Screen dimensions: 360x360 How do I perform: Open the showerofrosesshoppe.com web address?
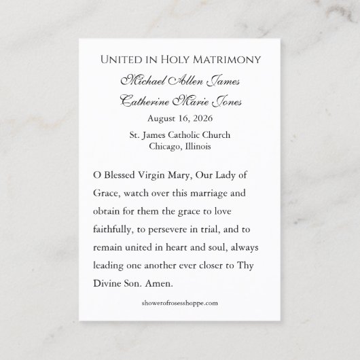pyautogui.click(x=179, y=302)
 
